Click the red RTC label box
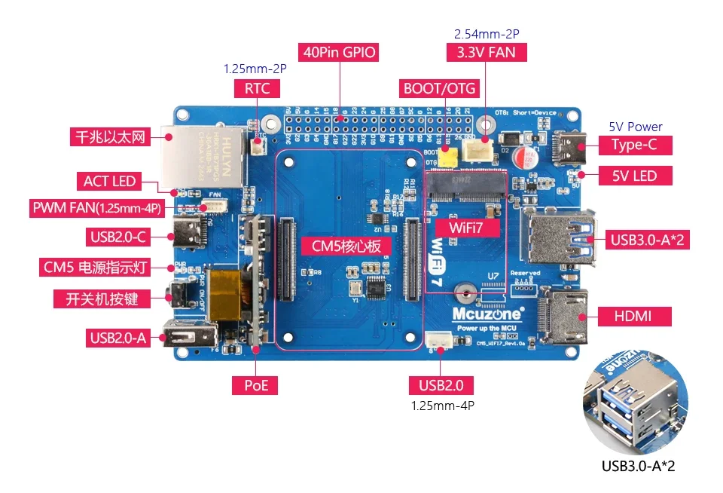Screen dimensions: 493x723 tap(257, 88)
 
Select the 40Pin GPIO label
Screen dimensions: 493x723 tap(339, 52)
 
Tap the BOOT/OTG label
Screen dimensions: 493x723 tap(440, 88)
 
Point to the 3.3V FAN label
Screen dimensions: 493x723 tap(486, 52)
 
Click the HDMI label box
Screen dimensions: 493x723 tap(633, 315)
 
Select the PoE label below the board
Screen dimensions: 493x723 tap(255, 385)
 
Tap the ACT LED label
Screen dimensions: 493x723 tap(109, 181)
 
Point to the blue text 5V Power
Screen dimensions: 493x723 tap(635, 127)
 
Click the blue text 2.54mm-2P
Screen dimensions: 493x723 tap(486, 34)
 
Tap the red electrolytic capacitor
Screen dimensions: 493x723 tap(529, 159)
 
